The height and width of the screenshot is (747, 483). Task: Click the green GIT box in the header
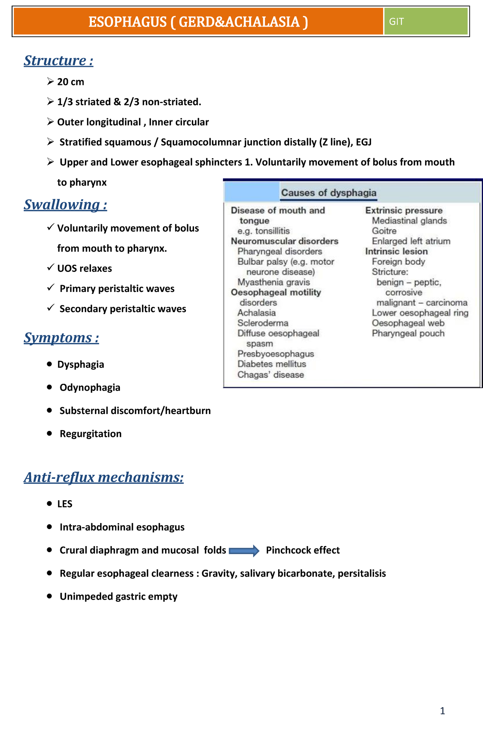pyautogui.click(x=425, y=21)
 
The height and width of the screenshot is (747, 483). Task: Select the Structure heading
pyautogui.click(x=59, y=60)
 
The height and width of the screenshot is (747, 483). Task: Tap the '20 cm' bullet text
pyautogui.click(x=70, y=82)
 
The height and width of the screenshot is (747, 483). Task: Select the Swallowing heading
pyautogui.click(x=65, y=205)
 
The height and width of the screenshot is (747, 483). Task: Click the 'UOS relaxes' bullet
pyautogui.click(x=85, y=269)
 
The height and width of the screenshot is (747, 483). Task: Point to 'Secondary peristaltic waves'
pyautogui.click(x=123, y=309)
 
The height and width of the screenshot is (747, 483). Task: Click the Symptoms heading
pyautogui.click(x=61, y=337)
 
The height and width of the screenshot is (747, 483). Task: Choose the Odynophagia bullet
pyautogui.click(x=90, y=387)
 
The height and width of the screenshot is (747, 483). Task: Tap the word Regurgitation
pyautogui.click(x=91, y=434)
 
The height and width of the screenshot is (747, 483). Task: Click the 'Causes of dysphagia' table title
pyautogui.click(x=328, y=193)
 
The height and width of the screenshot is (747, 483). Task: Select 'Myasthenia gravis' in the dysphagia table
pyautogui.click(x=274, y=282)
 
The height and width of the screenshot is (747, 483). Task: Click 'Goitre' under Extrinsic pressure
pyautogui.click(x=384, y=231)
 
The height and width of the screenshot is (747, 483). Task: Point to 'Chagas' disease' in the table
pyautogui.click(x=270, y=375)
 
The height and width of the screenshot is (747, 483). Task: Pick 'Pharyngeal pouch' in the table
pyautogui.click(x=408, y=333)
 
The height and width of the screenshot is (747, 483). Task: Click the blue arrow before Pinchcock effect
pyautogui.click(x=244, y=550)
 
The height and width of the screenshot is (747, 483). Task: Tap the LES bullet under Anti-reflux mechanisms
pyautogui.click(x=65, y=504)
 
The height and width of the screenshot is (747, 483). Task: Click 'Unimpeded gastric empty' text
pyautogui.click(x=118, y=596)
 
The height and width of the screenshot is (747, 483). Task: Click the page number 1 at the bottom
pyautogui.click(x=442, y=711)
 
